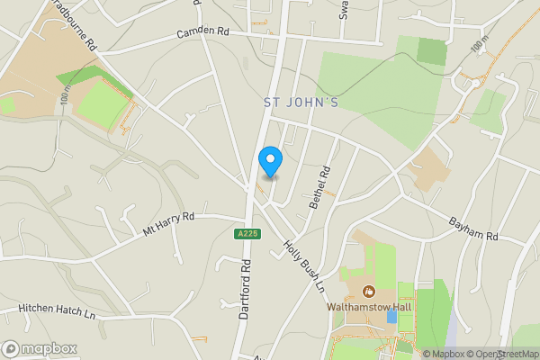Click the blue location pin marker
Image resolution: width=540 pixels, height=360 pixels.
[270, 161]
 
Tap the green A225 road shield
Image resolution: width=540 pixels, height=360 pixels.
[247, 234]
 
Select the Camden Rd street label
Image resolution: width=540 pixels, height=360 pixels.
[202, 32]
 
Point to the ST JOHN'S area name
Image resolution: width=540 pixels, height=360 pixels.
[301, 103]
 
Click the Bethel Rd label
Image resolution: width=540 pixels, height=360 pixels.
[320, 187]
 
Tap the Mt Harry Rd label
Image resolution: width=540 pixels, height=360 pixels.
[168, 224]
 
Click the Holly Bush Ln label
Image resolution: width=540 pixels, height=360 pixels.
[303, 266]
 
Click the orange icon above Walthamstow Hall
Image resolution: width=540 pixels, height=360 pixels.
[368, 291]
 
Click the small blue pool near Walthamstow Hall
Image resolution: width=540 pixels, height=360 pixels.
[391, 317]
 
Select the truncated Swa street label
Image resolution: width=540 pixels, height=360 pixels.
[343, 9]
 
